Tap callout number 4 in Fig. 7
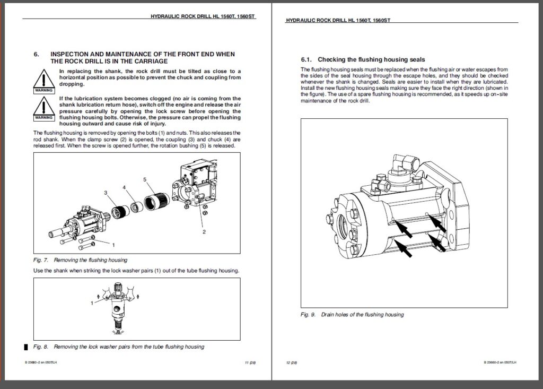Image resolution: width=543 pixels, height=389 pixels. click(x=124, y=187)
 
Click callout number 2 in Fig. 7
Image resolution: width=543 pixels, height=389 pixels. click(x=203, y=232)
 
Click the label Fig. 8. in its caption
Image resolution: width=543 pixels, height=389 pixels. click(x=40, y=347)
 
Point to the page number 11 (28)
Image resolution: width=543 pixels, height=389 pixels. click(x=243, y=362)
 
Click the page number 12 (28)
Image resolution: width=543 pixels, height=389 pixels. click(x=291, y=362)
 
